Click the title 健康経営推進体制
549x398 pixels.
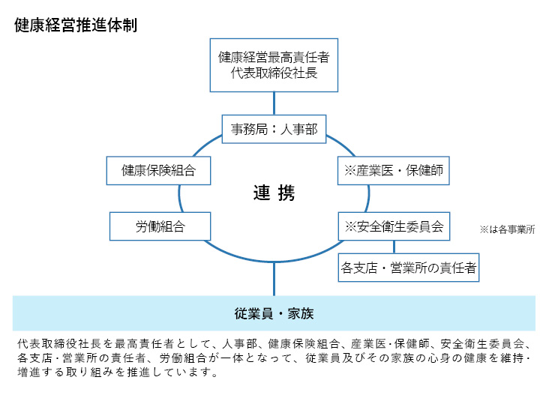click(75, 24)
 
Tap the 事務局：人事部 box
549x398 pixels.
click(274, 129)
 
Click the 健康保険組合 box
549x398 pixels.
click(158, 170)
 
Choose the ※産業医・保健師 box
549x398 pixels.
click(394, 170)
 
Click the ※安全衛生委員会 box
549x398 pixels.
click(394, 226)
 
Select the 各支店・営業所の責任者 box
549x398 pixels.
click(409, 266)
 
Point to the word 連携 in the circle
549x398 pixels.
click(274, 194)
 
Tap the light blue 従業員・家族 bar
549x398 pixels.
click(274, 313)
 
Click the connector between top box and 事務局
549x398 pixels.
click(274, 102)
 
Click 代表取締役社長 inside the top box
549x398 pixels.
click(274, 74)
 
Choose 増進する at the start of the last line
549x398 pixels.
click(37, 372)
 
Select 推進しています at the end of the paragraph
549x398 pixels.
click(180, 372)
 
